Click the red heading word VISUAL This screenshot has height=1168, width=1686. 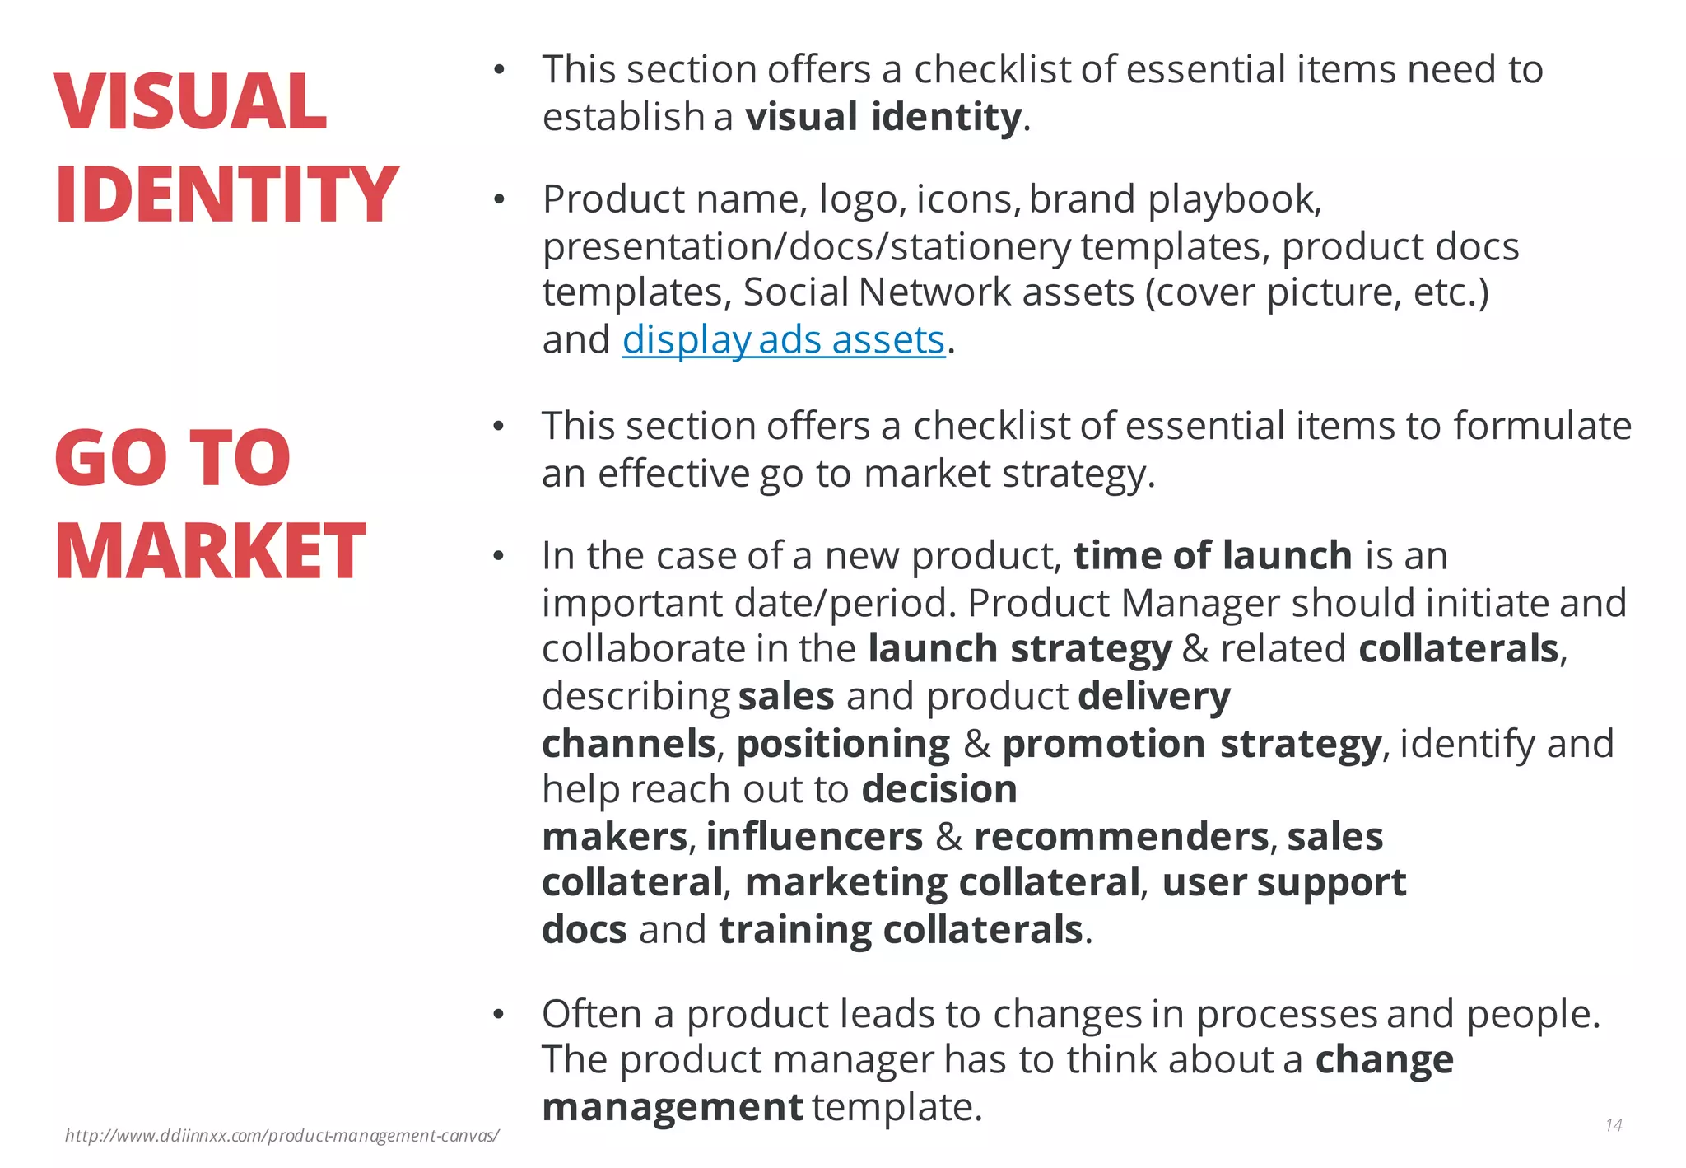click(x=190, y=102)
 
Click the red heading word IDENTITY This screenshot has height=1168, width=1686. click(x=226, y=195)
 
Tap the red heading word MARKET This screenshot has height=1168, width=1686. click(x=210, y=551)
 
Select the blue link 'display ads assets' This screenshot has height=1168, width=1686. click(x=783, y=340)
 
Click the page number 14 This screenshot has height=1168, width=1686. click(x=1613, y=1125)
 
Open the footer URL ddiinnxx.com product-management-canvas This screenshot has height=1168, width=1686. click(x=282, y=1136)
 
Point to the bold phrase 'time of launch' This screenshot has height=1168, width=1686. click(x=1212, y=556)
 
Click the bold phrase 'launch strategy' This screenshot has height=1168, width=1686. click(x=1019, y=649)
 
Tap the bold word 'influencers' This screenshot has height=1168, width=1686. click(x=814, y=837)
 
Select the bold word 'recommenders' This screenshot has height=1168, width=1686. click(x=1120, y=837)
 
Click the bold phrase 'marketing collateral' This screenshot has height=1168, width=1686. click(x=942, y=883)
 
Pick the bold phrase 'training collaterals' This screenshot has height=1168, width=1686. click(x=901, y=930)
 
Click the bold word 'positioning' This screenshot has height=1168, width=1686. click(x=843, y=744)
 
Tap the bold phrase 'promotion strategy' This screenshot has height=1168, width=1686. click(x=1191, y=744)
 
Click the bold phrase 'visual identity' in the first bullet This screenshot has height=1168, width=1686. click(x=883, y=117)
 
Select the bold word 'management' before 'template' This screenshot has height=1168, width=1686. click(x=672, y=1107)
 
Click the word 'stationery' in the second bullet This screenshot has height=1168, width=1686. click(x=980, y=247)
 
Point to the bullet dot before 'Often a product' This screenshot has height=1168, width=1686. click(x=497, y=1015)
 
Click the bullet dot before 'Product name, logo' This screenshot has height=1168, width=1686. click(x=498, y=200)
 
